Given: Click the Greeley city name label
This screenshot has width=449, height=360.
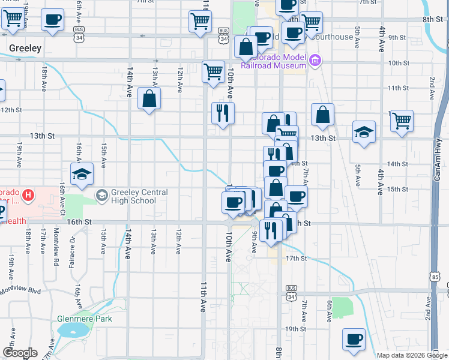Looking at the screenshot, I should (x=25, y=47).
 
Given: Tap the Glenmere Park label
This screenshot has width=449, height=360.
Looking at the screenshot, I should (x=84, y=319).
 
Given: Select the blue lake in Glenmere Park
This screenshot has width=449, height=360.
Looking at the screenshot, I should (x=72, y=329).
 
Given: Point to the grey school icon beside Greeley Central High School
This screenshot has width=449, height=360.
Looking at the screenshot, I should (x=103, y=196).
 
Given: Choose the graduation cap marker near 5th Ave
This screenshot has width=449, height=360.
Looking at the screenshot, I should (x=364, y=132).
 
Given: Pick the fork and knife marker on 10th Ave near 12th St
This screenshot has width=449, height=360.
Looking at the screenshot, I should (x=223, y=112).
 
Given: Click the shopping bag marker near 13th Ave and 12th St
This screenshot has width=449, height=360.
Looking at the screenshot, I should (x=149, y=98).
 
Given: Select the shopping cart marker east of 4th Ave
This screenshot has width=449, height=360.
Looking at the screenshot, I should (x=402, y=120).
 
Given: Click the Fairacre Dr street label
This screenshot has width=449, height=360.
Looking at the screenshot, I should (x=72, y=247).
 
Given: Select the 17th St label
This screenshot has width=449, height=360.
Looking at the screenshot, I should (x=296, y=258).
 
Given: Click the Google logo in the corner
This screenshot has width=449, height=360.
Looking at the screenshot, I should (x=20, y=353).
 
